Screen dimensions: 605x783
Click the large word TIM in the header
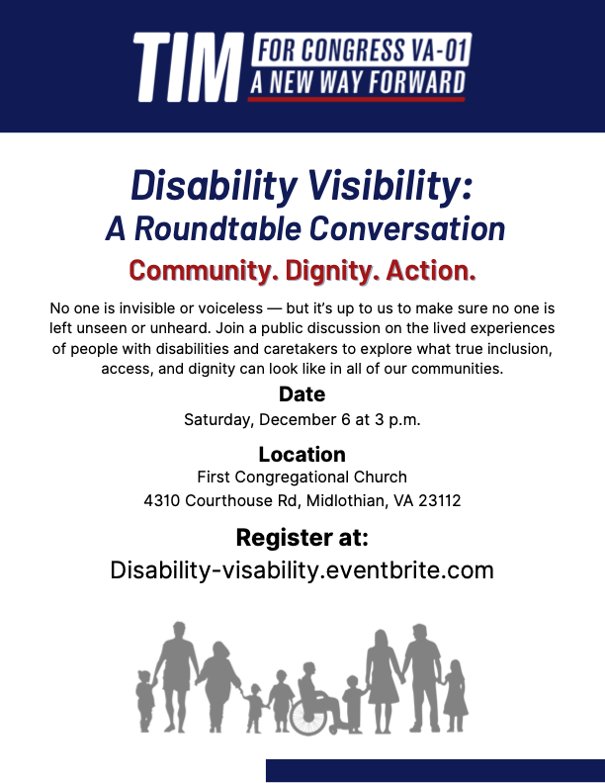pos(188,67)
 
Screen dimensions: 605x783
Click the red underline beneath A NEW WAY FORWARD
pos(357,100)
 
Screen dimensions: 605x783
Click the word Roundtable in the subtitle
pos(217,229)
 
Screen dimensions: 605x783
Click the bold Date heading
pos(302,394)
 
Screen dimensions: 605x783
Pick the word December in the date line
pos(298,419)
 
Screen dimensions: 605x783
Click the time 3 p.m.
pos(397,419)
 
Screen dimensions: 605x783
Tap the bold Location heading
pos(302,455)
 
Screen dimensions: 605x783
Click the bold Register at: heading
pos(302,537)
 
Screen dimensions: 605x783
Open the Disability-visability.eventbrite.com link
pos(302,570)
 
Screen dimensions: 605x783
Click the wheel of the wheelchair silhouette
pos(308,716)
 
